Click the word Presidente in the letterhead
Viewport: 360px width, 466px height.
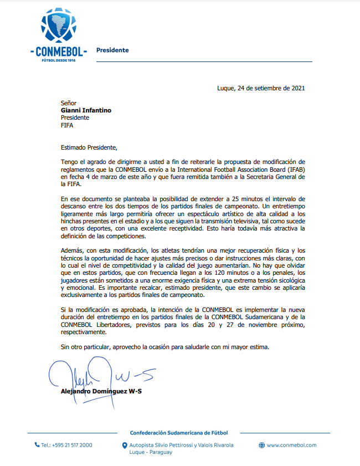[x=112, y=50]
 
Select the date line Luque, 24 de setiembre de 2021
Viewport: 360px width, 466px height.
[x=260, y=88]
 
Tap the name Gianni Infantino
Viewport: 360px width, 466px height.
[x=86, y=110]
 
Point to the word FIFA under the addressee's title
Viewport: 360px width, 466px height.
[x=67, y=125]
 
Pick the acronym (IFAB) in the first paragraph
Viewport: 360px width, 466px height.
[x=294, y=169]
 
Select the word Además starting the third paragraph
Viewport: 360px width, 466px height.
[x=74, y=251]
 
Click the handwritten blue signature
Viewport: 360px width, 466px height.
[x=100, y=374]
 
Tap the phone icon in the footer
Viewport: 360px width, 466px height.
[x=37, y=445]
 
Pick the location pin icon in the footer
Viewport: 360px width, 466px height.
[x=125, y=445]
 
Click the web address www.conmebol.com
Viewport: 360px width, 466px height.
[x=291, y=445]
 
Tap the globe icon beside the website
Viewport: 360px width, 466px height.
[x=262, y=445]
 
